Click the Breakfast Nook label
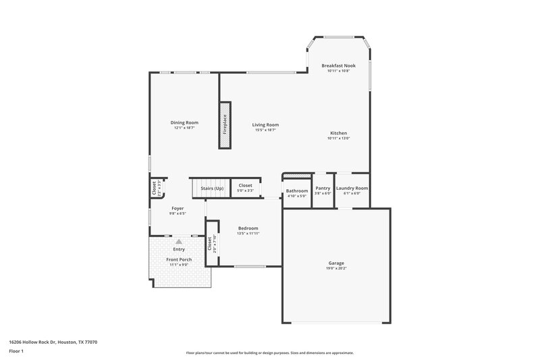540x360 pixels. [x=338, y=66]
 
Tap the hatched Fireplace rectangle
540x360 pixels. [x=225, y=126]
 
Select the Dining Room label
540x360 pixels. [x=184, y=122]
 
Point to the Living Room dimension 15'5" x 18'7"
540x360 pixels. [x=265, y=130]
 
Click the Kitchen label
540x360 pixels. [x=338, y=133]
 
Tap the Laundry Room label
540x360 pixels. [x=352, y=188]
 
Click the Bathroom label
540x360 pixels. [x=296, y=190]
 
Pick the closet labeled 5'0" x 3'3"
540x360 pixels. [x=245, y=187]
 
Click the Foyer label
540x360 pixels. [x=178, y=209]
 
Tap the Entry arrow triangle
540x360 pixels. [x=178, y=240]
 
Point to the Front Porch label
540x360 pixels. [x=178, y=259]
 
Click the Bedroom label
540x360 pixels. [x=248, y=228]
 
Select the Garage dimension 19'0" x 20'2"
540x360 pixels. [x=336, y=268]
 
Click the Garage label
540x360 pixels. [x=336, y=263]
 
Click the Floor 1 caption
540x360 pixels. [x=16, y=351]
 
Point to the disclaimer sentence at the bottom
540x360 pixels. [x=269, y=353]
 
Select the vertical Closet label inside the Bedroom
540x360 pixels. [x=209, y=244]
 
